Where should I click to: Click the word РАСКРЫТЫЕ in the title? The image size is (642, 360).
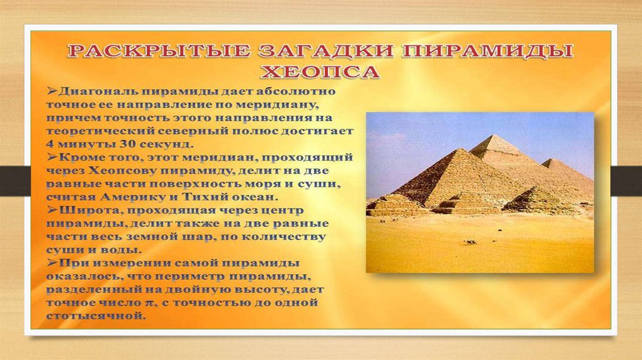point(159,51)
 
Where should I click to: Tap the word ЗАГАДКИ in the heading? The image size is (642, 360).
point(326,51)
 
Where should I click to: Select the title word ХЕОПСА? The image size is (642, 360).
point(320,71)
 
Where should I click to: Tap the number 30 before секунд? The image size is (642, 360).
point(127,144)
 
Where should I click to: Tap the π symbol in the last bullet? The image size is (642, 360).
point(149,304)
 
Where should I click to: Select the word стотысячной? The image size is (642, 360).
point(95,316)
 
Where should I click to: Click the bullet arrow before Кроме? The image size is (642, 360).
point(52,157)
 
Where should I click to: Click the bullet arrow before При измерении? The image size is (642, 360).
point(52,262)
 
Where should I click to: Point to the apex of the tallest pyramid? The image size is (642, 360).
point(496,135)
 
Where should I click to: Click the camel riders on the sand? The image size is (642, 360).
point(470,243)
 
